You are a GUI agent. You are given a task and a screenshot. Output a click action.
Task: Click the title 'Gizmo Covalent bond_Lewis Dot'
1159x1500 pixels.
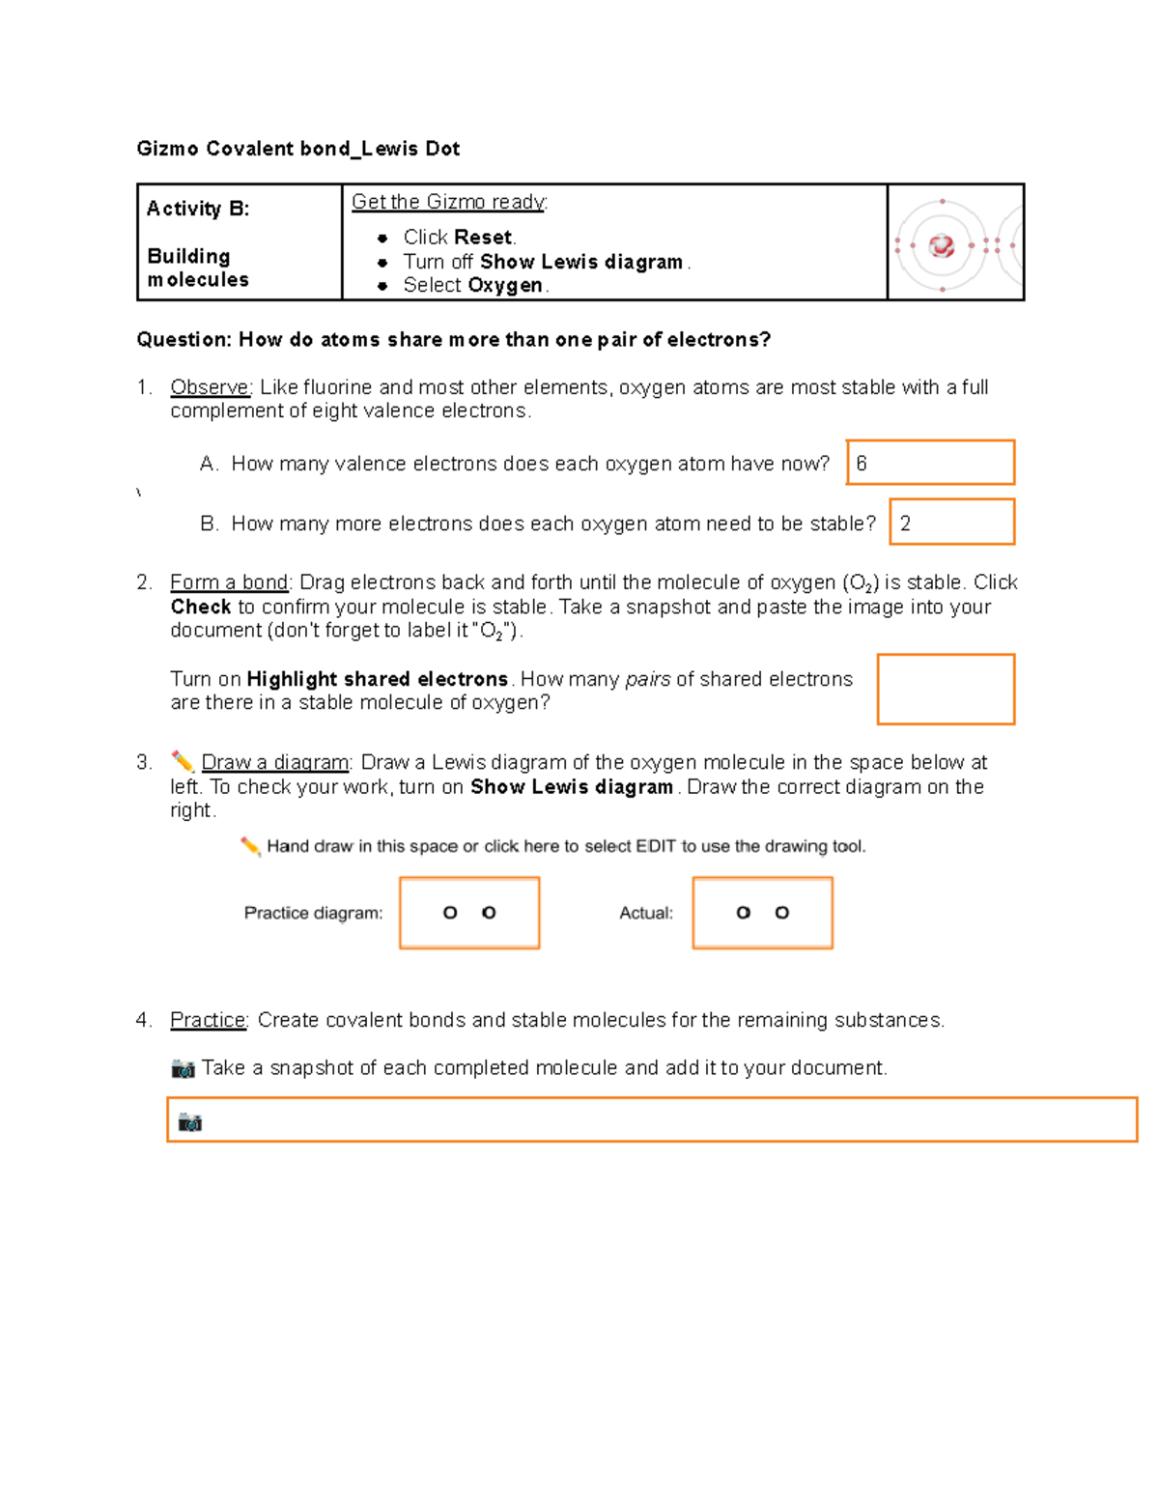297,149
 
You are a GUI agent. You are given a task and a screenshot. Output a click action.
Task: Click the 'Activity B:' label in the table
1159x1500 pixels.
198,209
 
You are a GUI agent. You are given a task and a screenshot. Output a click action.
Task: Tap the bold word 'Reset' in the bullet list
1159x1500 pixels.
484,238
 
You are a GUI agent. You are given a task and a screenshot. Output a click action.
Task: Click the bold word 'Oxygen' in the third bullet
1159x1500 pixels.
505,286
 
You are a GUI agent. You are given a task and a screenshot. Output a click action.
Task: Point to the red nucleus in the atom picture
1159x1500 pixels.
942,245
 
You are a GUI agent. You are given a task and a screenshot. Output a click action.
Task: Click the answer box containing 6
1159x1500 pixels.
930,463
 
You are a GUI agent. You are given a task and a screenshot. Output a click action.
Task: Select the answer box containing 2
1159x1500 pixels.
951,523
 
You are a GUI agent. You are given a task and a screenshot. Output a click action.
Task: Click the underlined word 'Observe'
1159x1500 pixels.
211,387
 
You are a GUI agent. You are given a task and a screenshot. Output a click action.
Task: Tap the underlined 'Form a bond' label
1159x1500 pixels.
229,582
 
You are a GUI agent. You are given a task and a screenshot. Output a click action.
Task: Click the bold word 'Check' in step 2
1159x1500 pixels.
201,607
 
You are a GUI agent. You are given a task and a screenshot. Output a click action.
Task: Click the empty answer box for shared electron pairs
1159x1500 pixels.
946,689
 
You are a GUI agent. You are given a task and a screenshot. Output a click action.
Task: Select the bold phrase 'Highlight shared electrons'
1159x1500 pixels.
377,679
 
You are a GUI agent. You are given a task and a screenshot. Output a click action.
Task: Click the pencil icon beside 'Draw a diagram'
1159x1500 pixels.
182,762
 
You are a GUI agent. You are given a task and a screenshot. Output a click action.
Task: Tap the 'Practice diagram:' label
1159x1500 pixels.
313,913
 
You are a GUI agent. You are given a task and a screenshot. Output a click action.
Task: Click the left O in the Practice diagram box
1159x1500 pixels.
450,913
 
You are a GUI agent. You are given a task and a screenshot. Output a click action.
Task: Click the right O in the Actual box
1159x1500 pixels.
782,913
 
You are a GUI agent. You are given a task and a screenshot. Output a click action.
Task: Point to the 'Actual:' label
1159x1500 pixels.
646,913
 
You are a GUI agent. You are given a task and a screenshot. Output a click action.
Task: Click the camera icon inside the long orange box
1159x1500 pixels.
190,1121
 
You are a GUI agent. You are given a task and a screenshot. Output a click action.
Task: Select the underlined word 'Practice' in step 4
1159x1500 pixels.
208,1020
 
